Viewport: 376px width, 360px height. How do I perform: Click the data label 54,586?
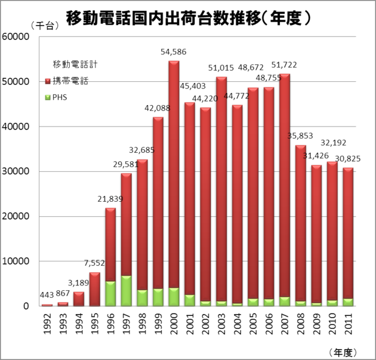(x=174, y=52)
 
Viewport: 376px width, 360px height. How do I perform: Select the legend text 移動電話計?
(x=70, y=64)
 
